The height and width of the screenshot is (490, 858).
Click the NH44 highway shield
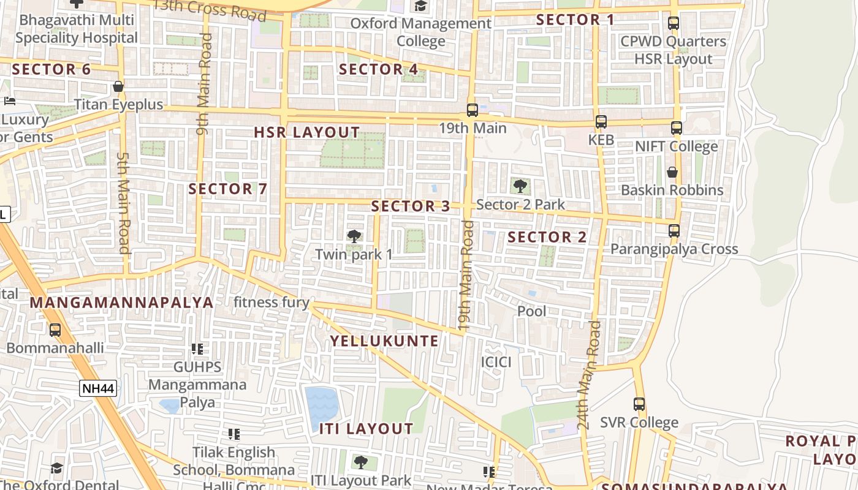tap(98, 388)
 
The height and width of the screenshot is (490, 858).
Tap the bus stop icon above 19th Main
tap(472, 110)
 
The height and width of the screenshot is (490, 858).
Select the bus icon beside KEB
tap(601, 122)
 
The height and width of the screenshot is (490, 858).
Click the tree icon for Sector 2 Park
tap(520, 185)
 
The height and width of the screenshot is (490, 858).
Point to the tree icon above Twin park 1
tap(354, 236)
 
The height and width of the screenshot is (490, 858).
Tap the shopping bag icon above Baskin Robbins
tap(672, 172)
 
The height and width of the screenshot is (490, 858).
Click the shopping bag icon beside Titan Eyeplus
tap(118, 87)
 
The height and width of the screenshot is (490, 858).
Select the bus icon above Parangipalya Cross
tap(674, 231)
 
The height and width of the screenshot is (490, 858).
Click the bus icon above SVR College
tap(639, 404)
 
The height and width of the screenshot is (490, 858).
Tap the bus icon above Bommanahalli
tap(55, 330)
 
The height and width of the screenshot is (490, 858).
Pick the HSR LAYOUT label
tap(307, 132)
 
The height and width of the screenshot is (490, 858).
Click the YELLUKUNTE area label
tap(385, 341)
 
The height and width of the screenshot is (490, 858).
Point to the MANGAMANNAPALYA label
tap(121, 303)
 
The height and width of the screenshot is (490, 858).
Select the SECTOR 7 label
tap(228, 189)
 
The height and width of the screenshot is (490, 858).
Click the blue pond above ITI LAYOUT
tap(322, 405)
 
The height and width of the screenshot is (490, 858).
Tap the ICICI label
tap(496, 361)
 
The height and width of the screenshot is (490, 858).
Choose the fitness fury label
tap(271, 302)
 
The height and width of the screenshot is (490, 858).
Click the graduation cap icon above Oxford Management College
tap(420, 6)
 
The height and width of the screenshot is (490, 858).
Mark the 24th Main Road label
tap(590, 375)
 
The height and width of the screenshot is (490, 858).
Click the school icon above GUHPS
tap(197, 349)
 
